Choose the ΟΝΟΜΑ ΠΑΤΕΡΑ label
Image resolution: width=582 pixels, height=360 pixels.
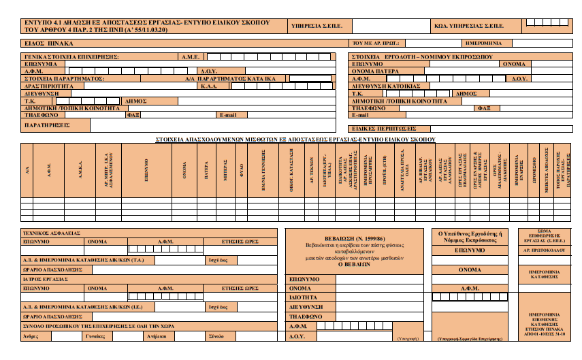pyautogui.click(x=376, y=71)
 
